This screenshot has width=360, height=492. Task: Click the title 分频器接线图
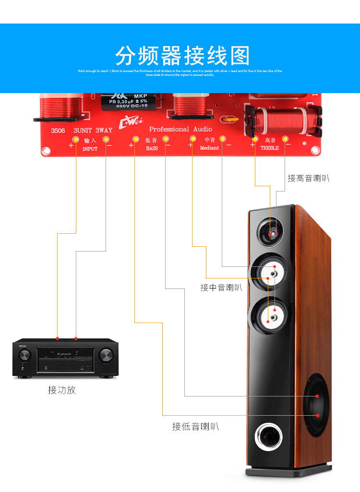(182, 57)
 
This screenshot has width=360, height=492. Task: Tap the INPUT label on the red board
(90, 149)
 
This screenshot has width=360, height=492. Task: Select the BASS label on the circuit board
(152, 149)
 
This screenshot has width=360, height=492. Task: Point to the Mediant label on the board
(209, 148)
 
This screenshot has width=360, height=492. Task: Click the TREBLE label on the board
(269, 148)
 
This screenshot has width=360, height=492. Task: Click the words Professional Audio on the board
(180, 129)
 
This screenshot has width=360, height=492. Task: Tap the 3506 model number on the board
(58, 130)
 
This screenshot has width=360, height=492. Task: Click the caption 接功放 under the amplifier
(62, 390)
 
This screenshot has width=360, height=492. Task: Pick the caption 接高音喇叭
(308, 179)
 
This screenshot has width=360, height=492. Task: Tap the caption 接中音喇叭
(221, 288)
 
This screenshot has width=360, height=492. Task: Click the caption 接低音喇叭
(195, 426)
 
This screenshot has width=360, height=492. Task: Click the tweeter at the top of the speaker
(272, 232)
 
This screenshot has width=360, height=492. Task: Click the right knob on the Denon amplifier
(106, 356)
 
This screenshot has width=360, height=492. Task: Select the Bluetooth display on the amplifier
(65, 354)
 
